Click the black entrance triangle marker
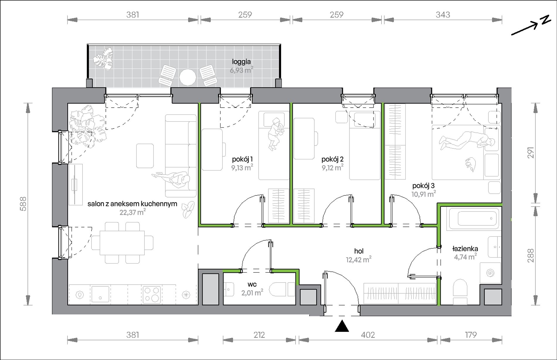point(342,326)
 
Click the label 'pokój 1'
point(242,159)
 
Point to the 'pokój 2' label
point(332,159)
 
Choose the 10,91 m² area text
point(424,194)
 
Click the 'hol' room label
point(359,251)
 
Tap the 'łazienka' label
point(465,249)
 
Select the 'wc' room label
point(252,284)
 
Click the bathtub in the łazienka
point(473,219)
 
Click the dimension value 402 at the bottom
point(368,335)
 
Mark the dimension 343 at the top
point(443,15)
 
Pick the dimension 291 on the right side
point(531,153)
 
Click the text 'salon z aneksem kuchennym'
point(132,204)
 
